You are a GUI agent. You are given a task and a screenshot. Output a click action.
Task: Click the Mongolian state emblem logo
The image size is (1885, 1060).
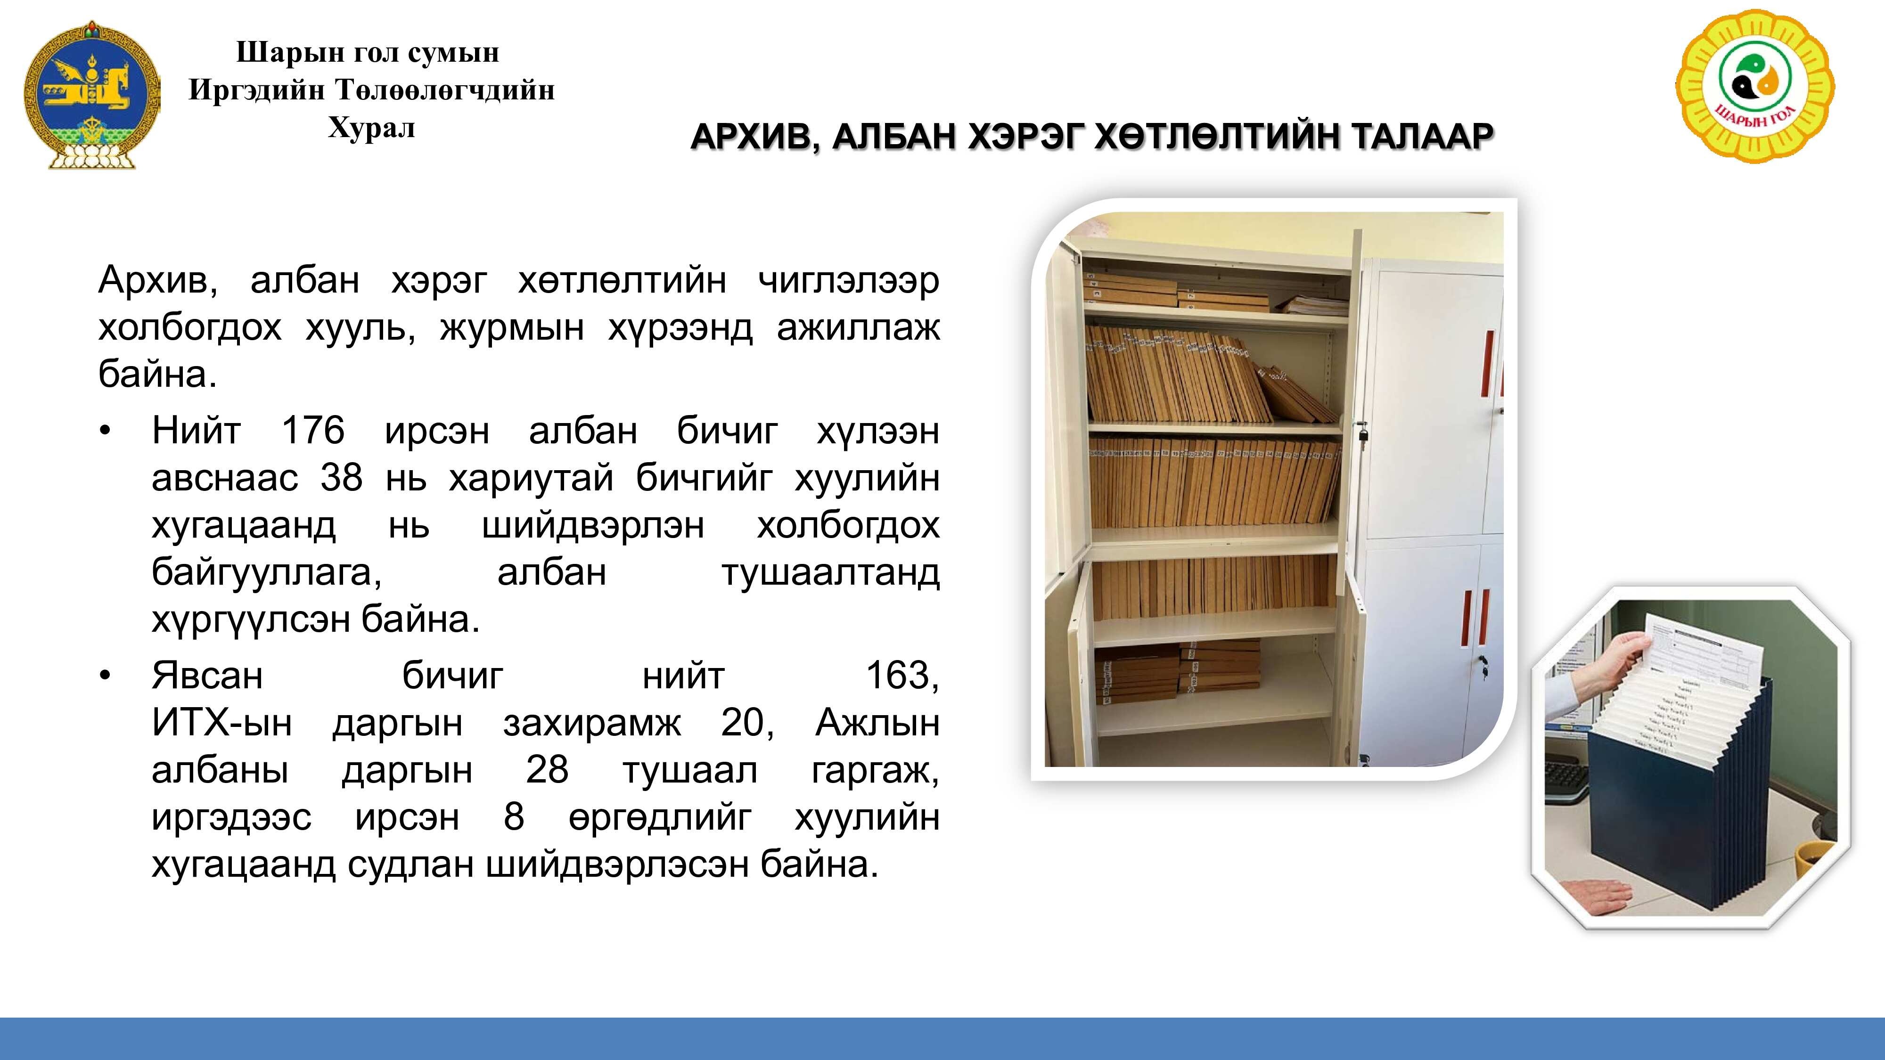pos(92,95)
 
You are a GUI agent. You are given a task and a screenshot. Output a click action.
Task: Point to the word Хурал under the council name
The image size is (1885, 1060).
pos(372,128)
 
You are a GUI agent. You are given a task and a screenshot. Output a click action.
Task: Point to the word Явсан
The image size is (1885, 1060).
pos(207,675)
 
